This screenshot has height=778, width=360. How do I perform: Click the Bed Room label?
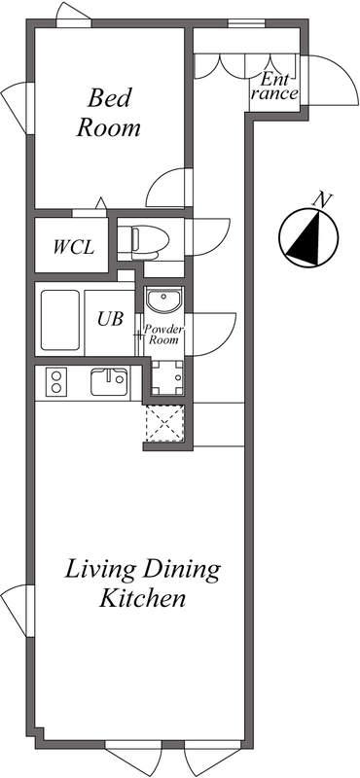[x=108, y=113]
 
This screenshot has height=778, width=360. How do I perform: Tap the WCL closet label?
[x=74, y=247]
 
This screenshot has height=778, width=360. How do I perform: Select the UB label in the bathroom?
[x=110, y=319]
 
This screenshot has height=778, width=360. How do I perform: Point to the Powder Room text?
[x=161, y=335]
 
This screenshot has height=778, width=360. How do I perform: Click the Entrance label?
[x=273, y=86]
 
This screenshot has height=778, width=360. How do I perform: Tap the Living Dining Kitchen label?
[x=142, y=583]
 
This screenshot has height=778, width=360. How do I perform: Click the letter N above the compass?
[x=322, y=200]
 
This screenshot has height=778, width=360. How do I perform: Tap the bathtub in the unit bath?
[x=60, y=320]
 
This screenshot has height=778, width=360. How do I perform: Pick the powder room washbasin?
[x=164, y=300]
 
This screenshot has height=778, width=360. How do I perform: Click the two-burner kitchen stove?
[x=56, y=381]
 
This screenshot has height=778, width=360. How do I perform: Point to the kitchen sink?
[x=109, y=382]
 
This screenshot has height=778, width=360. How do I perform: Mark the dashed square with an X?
[x=164, y=423]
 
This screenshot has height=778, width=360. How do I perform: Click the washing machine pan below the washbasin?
[x=166, y=378]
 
